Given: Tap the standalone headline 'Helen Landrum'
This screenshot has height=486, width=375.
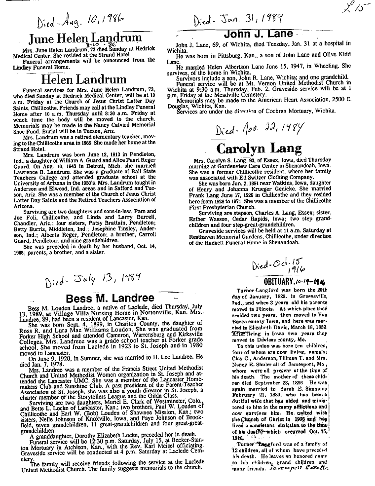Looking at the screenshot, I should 83,79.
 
